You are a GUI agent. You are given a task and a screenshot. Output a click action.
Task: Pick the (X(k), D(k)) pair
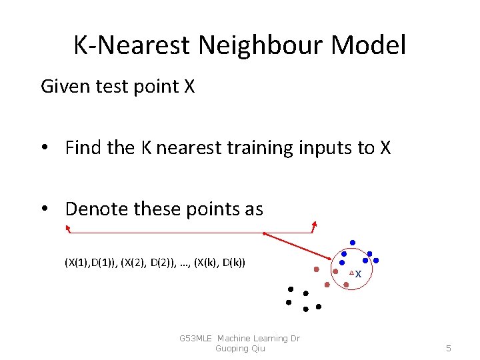(219, 262)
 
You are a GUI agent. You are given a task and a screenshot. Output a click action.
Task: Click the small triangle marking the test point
(351, 273)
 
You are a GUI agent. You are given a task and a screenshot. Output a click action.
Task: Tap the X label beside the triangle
(359, 275)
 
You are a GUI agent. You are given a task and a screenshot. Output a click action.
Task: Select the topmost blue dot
(353, 242)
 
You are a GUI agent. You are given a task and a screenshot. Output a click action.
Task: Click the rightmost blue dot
(376, 260)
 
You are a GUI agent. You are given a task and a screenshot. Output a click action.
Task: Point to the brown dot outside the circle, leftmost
(317, 270)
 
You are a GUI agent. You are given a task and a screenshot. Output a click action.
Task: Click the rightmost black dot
(319, 307)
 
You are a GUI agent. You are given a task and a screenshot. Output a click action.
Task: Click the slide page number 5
(449, 348)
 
